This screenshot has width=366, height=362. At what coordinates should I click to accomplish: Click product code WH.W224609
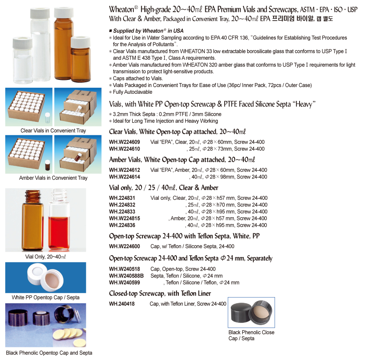[124, 142]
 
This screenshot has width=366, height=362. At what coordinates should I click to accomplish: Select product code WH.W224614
[124, 177]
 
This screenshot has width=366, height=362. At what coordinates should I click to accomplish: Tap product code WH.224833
[122, 212]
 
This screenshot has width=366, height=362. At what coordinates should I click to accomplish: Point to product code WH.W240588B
[126, 276]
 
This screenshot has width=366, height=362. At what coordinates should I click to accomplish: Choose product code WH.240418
[122, 304]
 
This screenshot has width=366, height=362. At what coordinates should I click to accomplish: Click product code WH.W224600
[124, 246]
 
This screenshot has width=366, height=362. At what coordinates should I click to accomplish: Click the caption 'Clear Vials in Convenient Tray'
[53, 131]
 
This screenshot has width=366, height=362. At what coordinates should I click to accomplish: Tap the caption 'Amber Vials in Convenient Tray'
[53, 178]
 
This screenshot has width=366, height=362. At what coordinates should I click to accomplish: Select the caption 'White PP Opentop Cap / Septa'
[46, 298]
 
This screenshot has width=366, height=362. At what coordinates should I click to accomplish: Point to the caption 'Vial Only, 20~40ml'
[46, 257]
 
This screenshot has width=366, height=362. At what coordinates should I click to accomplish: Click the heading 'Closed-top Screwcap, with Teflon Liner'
[160, 294]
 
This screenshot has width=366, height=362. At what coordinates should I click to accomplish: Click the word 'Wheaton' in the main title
[121, 9]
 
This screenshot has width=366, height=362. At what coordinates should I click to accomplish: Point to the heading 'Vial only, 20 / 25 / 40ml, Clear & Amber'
[164, 188]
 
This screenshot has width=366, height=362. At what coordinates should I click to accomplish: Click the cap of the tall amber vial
[64, 12]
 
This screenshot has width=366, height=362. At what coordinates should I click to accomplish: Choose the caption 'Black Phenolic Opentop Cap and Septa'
[49, 353]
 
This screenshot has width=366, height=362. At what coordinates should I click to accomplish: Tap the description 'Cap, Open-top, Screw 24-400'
[183, 269]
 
